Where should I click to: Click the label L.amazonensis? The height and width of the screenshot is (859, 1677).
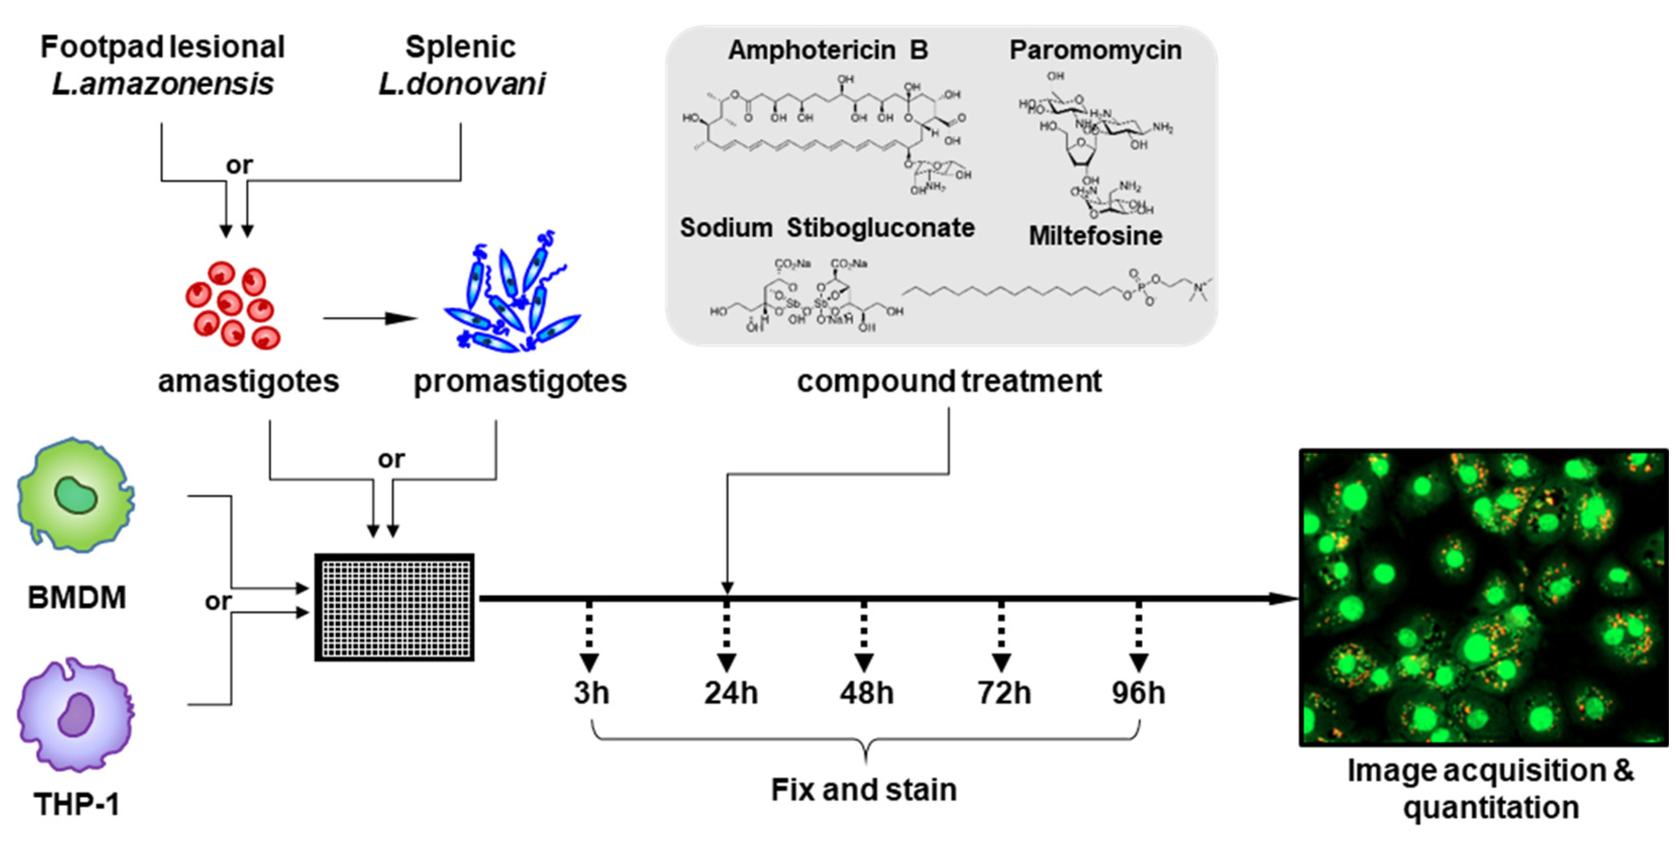point(163,84)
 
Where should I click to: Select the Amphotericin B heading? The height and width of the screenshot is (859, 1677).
point(827,50)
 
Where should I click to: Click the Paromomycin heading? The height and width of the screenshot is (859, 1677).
point(1095,50)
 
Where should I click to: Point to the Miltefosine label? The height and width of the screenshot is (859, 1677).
point(1095,236)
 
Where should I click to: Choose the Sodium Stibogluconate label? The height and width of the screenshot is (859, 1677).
point(827,228)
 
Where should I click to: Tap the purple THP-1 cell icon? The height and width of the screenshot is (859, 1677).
point(75,715)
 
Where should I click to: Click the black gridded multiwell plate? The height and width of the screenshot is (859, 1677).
point(394,607)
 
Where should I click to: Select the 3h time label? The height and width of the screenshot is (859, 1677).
point(591,693)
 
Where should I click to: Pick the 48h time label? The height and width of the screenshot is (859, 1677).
point(866,693)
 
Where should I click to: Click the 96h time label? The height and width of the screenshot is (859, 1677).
point(1138,693)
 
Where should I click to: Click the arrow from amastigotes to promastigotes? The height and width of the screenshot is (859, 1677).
point(369,318)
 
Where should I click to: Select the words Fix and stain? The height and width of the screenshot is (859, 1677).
point(864,790)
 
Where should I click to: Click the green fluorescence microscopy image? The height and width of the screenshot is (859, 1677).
point(1483,597)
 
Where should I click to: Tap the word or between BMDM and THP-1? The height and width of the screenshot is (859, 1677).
point(218,601)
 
